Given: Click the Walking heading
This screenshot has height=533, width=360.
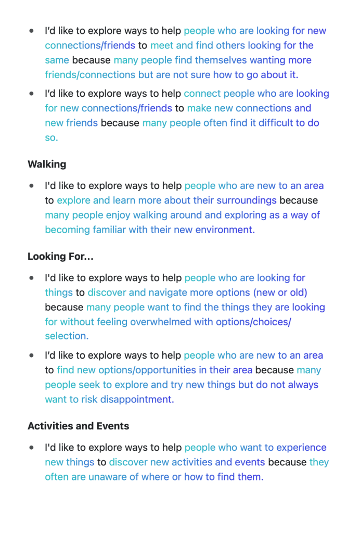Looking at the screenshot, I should (x=47, y=164).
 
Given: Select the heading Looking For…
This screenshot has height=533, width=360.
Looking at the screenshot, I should (x=60, y=256).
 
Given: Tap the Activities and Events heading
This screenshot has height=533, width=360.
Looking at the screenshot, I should (x=78, y=426).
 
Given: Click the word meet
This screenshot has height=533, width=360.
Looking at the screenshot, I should (x=162, y=45).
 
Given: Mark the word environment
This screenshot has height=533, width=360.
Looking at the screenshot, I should (x=225, y=230).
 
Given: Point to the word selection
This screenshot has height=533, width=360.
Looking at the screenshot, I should (x=67, y=336).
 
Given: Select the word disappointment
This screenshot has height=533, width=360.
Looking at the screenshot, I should (x=137, y=399).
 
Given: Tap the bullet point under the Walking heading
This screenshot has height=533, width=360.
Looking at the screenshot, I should (x=32, y=185).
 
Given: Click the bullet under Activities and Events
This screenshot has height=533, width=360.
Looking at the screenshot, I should (x=32, y=447).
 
